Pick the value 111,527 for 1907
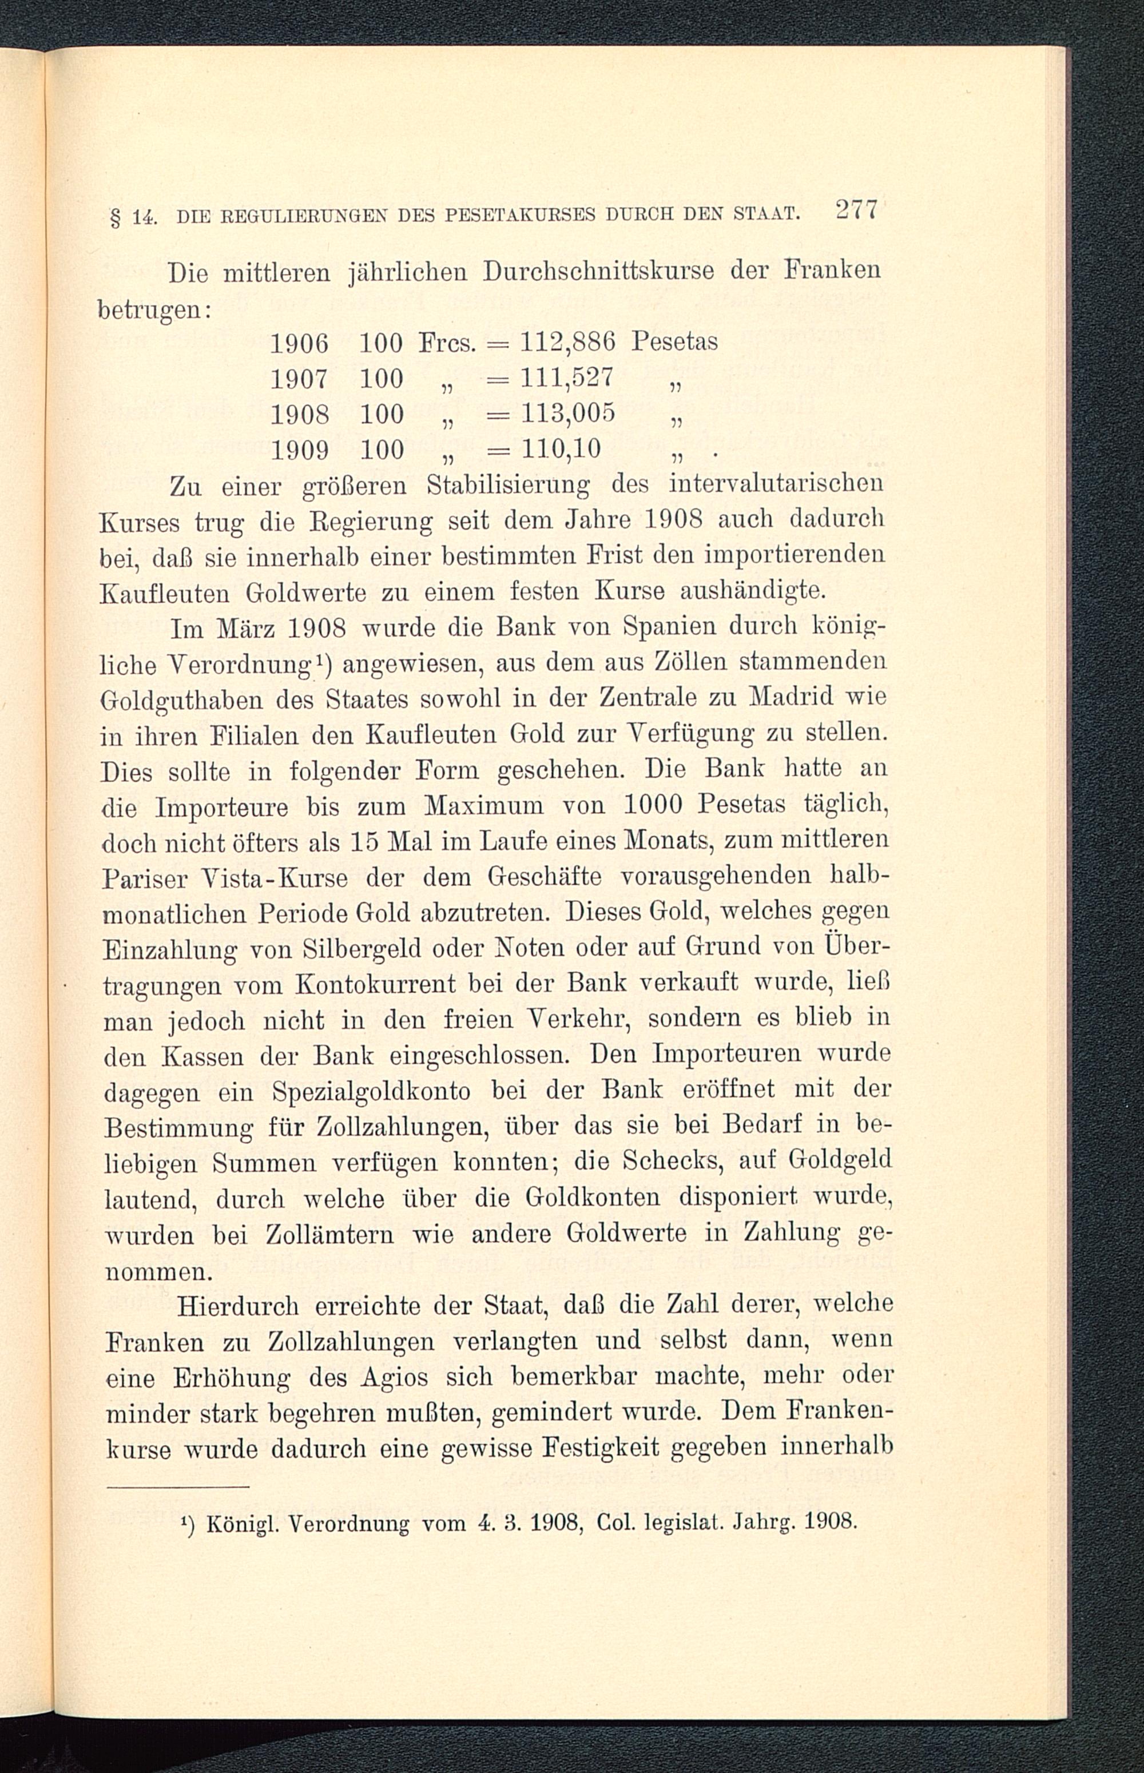567,378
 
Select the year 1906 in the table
299,343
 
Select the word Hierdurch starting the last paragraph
234,1306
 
